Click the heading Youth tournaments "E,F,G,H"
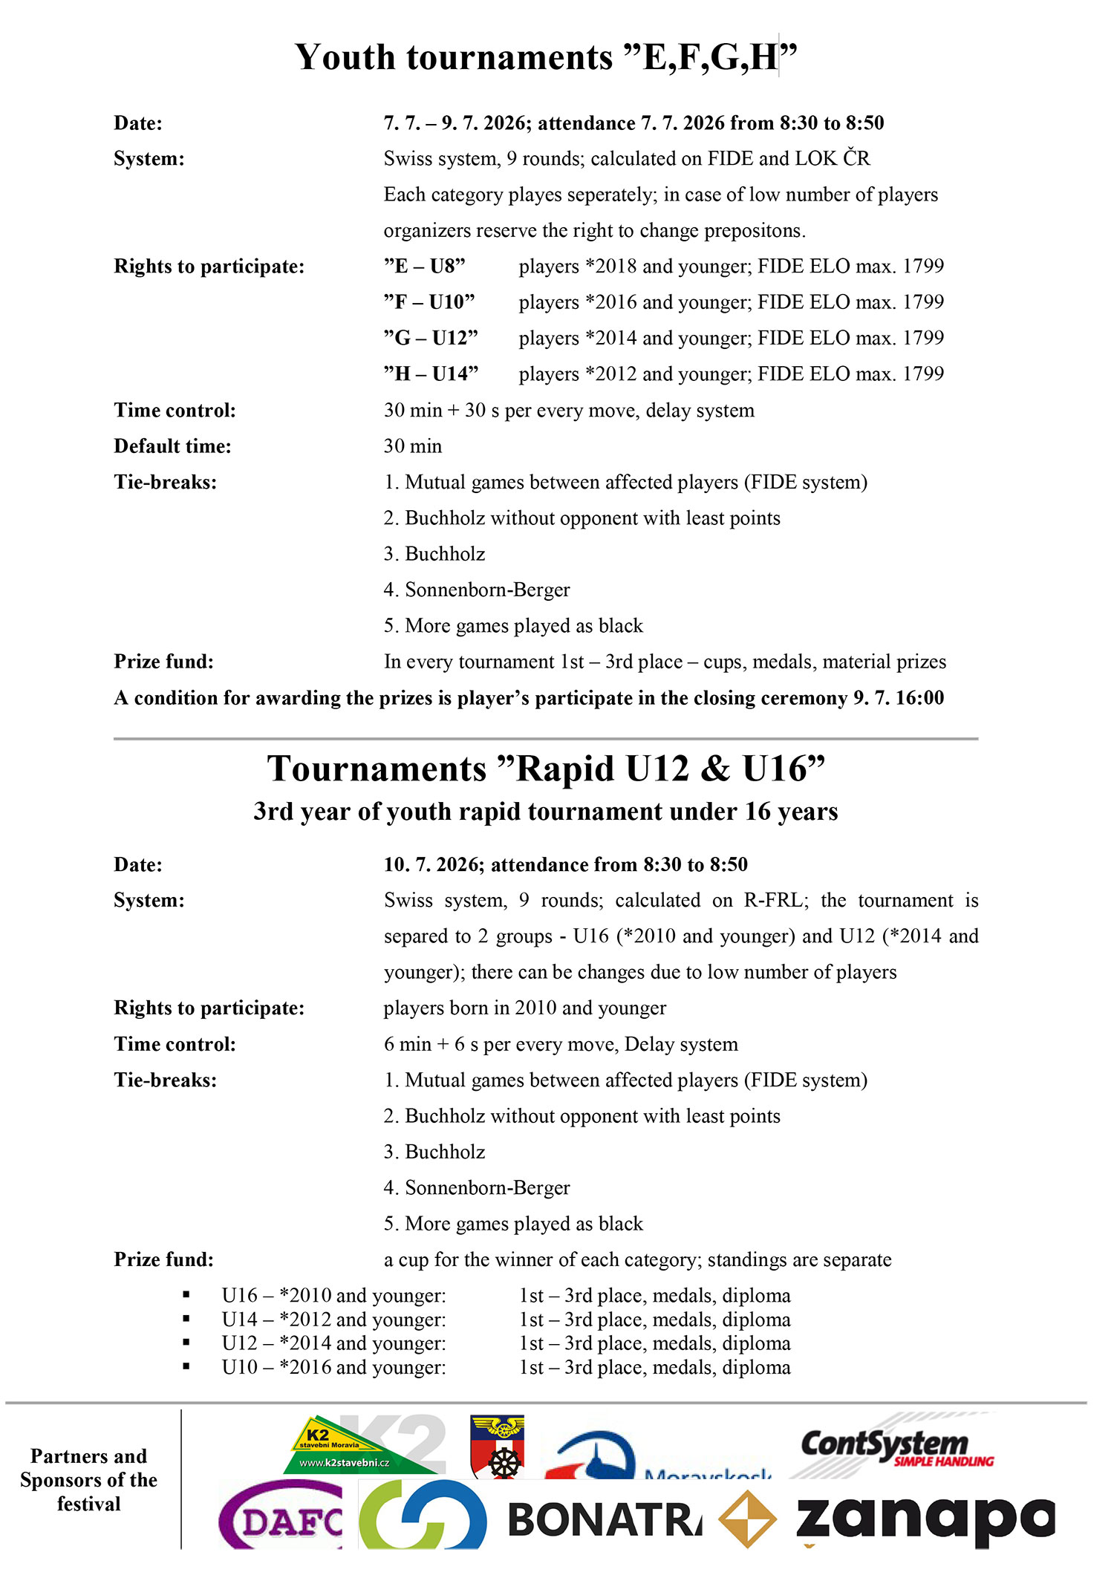tap(546, 57)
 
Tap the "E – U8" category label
tap(424, 267)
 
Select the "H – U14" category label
tap(431, 374)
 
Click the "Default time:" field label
tap(172, 446)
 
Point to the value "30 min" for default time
tap(413, 446)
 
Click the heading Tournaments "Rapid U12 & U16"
tap(546, 769)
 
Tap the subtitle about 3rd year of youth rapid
tap(546, 812)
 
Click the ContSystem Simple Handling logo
tap(895, 1448)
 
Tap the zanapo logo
tap(925, 1519)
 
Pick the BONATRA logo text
tap(605, 1519)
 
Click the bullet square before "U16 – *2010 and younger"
tap(186, 1296)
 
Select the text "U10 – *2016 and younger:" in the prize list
tap(333, 1368)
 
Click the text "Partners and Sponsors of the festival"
tap(89, 1480)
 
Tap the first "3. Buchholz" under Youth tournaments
tap(434, 554)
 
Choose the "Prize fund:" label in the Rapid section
tap(163, 1260)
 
